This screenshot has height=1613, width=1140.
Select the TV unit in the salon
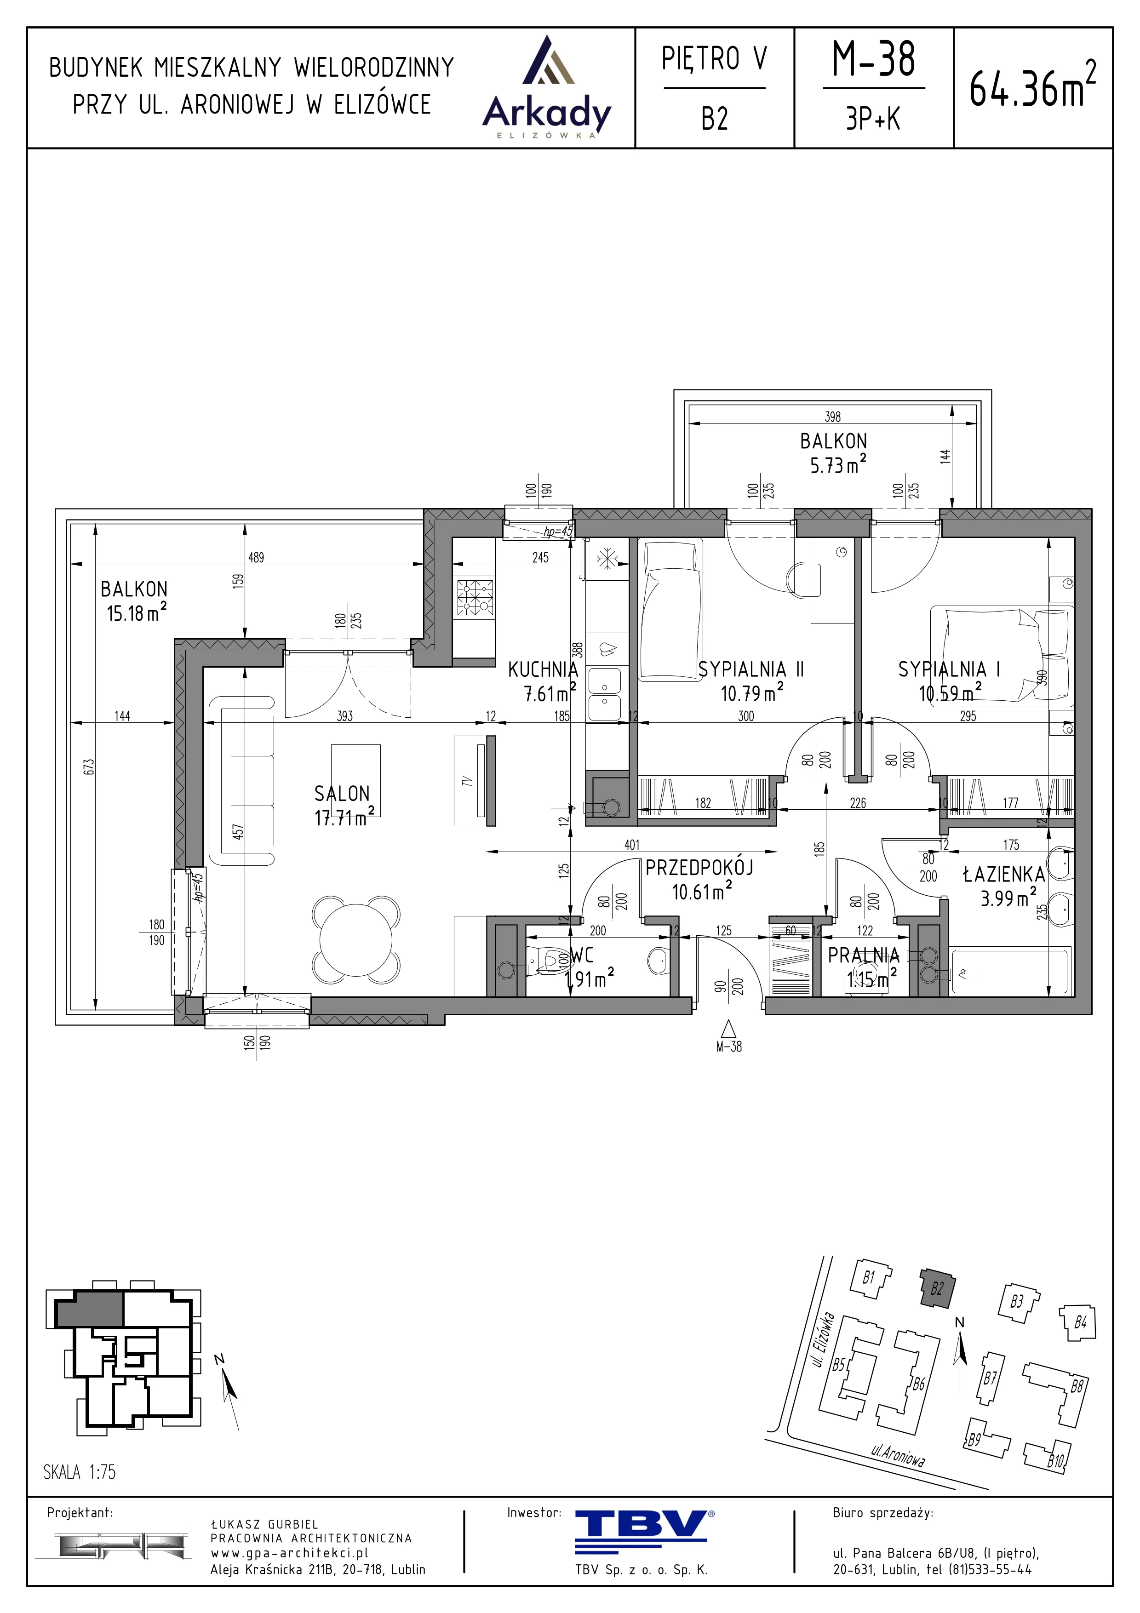click(x=475, y=780)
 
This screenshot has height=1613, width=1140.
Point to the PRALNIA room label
click(x=863, y=955)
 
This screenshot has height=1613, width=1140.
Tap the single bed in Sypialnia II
click(x=670, y=609)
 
